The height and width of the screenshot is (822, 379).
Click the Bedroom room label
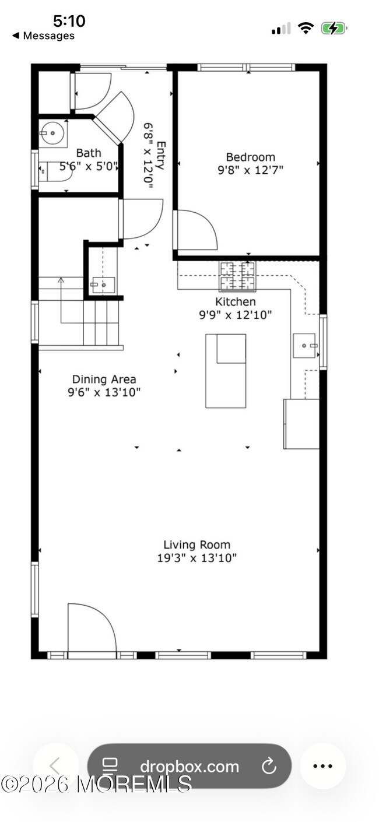250,157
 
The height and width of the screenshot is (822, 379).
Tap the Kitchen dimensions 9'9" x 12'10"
236,315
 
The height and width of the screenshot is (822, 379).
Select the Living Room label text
196,545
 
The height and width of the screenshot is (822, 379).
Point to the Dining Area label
104,380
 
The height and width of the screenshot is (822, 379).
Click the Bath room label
88,153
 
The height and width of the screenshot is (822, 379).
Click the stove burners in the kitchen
237,276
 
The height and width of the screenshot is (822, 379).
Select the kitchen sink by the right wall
304,345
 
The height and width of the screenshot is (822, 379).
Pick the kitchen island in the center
225,371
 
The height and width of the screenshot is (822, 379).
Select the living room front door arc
92,628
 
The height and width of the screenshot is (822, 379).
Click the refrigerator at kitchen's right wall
301,424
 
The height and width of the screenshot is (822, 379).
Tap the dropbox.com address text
189,767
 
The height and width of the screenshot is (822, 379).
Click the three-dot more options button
322,766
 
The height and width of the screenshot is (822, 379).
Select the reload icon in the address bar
269,766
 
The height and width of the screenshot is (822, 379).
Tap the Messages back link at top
44,36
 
